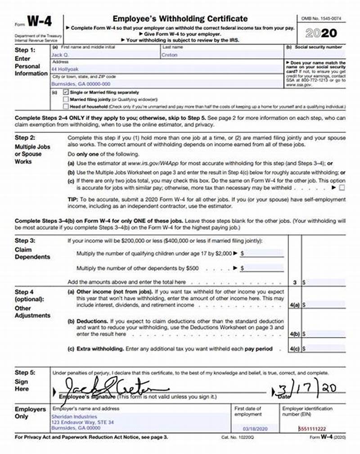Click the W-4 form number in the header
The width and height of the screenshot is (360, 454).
pos(40,22)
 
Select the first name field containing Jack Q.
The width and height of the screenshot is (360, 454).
pos(61,55)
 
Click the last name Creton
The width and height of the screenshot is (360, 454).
pos(170,55)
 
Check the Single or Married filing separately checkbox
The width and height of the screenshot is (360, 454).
pos(66,92)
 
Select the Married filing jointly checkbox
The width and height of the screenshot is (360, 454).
pos(66,99)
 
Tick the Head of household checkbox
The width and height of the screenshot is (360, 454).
pos(66,107)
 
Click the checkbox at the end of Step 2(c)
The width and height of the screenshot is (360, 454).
pos(342,187)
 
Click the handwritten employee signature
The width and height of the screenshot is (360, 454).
pos(112,387)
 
